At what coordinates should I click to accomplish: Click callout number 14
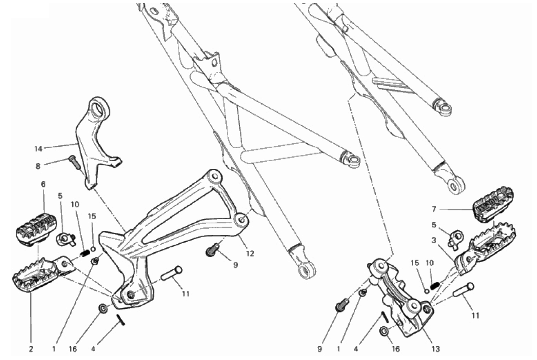38,148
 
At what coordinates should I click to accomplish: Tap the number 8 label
38,167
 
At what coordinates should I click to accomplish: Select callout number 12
250,254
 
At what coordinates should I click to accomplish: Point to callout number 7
434,209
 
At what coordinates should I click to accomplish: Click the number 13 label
435,349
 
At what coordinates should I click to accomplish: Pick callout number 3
434,241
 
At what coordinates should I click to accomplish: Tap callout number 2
31,349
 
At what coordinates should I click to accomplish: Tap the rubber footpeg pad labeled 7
493,203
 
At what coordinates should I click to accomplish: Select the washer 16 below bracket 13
384,331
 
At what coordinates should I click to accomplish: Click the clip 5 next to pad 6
66,238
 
